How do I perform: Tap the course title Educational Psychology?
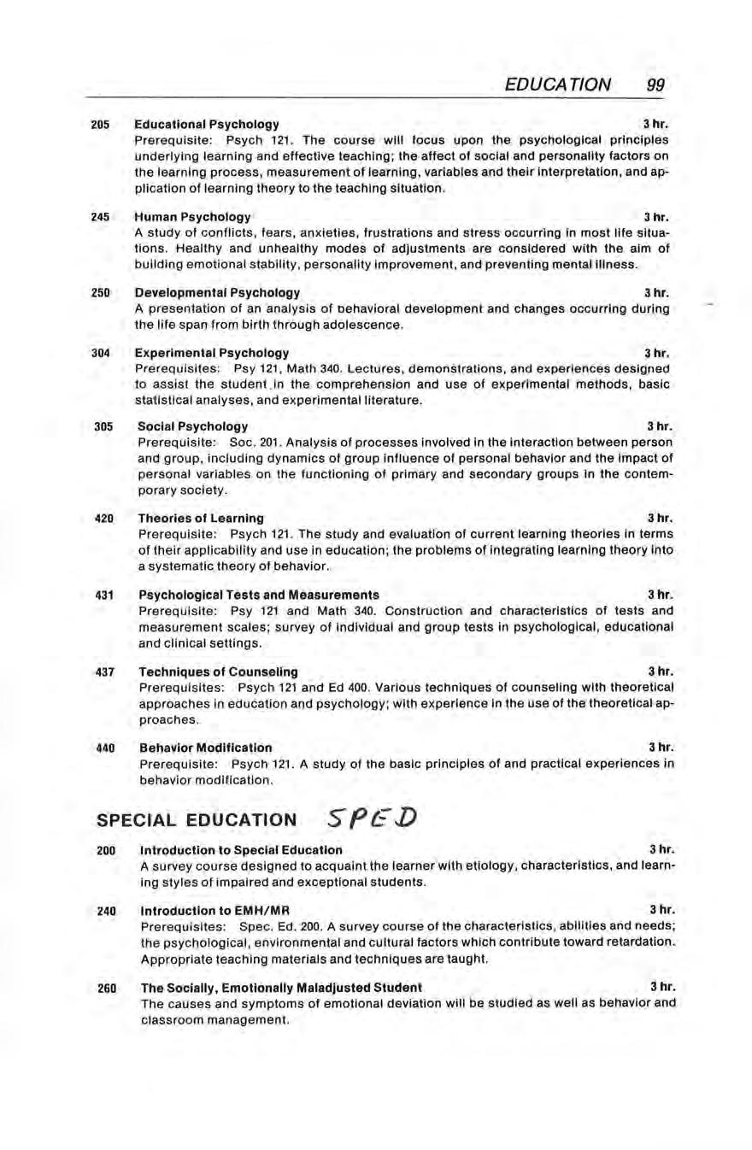tap(207, 125)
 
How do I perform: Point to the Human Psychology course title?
tap(193, 217)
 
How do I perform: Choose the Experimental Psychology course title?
tap(212, 353)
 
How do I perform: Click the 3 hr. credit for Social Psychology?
tap(661, 425)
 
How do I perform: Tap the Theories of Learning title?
tap(201, 518)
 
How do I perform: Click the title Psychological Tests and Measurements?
tap(258, 594)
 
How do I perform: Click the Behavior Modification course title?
tap(205, 748)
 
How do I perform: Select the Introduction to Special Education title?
tap(241, 850)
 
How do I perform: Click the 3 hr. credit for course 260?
tap(663, 987)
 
